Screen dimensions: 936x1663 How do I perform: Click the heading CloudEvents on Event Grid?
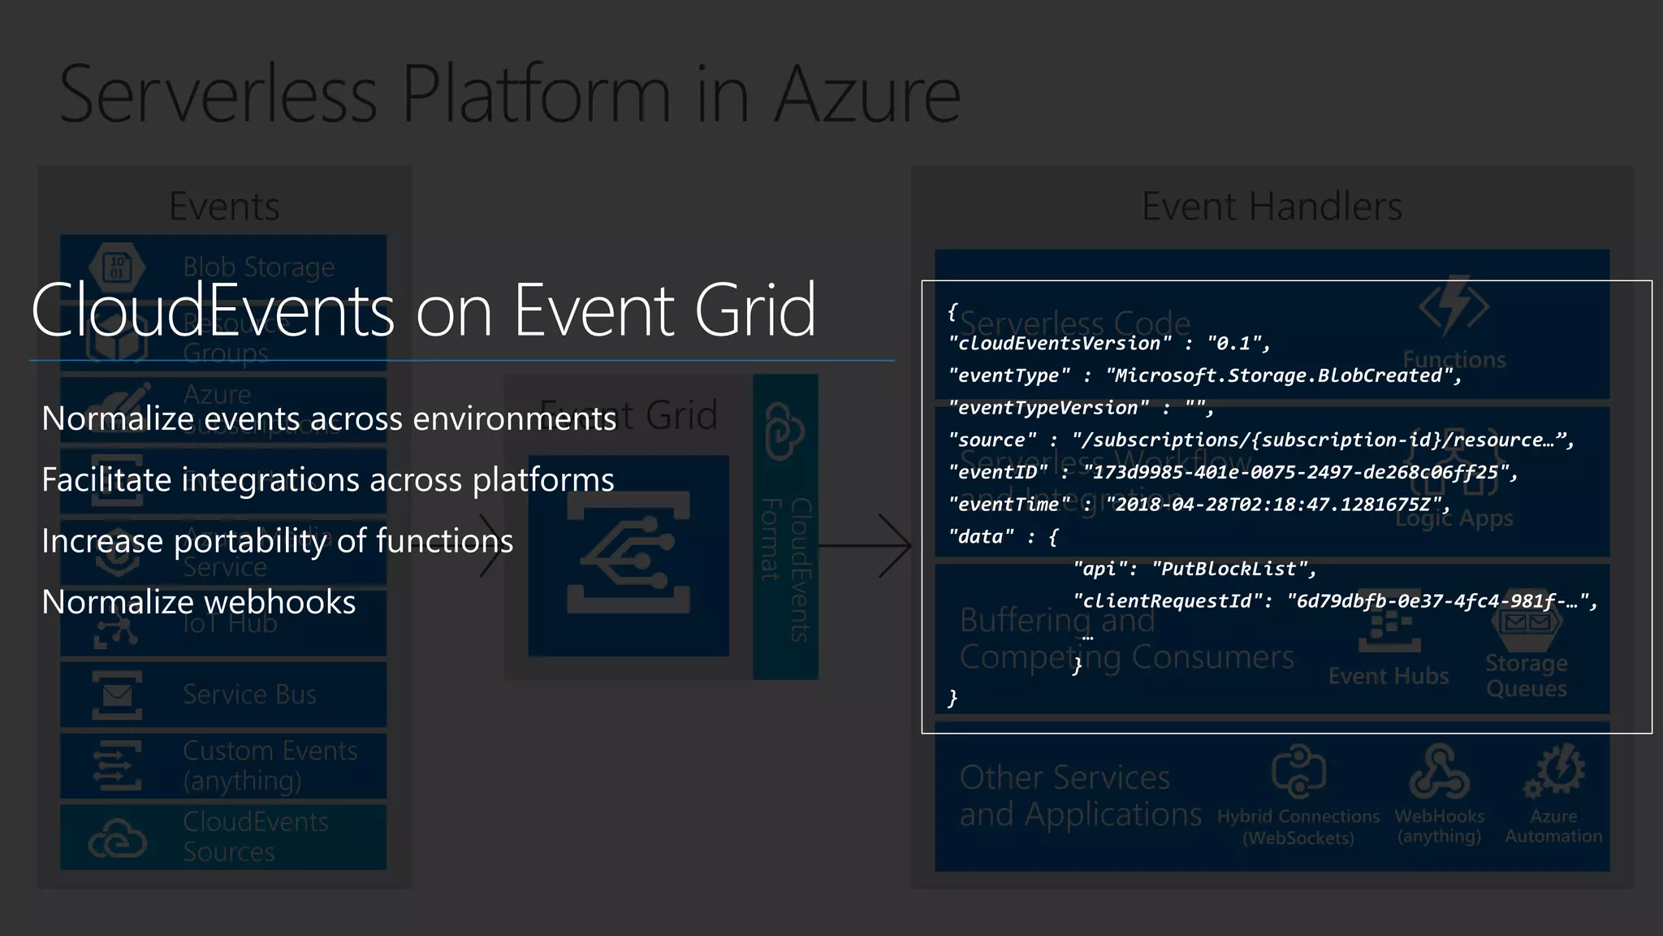422,310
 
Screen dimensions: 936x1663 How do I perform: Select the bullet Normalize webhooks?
198,603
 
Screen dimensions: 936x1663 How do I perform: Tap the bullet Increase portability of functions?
277,541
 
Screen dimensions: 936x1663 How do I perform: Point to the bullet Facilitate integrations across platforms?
327,480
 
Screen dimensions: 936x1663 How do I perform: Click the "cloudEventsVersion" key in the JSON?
1060,344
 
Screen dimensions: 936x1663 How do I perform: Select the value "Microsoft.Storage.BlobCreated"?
1283,376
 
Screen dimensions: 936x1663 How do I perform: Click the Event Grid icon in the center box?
628,555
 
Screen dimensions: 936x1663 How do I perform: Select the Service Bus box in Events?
223,695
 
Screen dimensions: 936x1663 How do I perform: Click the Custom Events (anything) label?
270,765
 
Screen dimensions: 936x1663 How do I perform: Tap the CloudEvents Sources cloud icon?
117,838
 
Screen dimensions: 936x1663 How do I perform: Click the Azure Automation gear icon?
1554,770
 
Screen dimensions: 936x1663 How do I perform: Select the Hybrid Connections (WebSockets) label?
1298,827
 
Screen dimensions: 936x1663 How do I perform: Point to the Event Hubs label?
1388,677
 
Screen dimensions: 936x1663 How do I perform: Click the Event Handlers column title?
1272,206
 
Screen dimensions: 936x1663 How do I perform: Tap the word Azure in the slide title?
866,95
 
